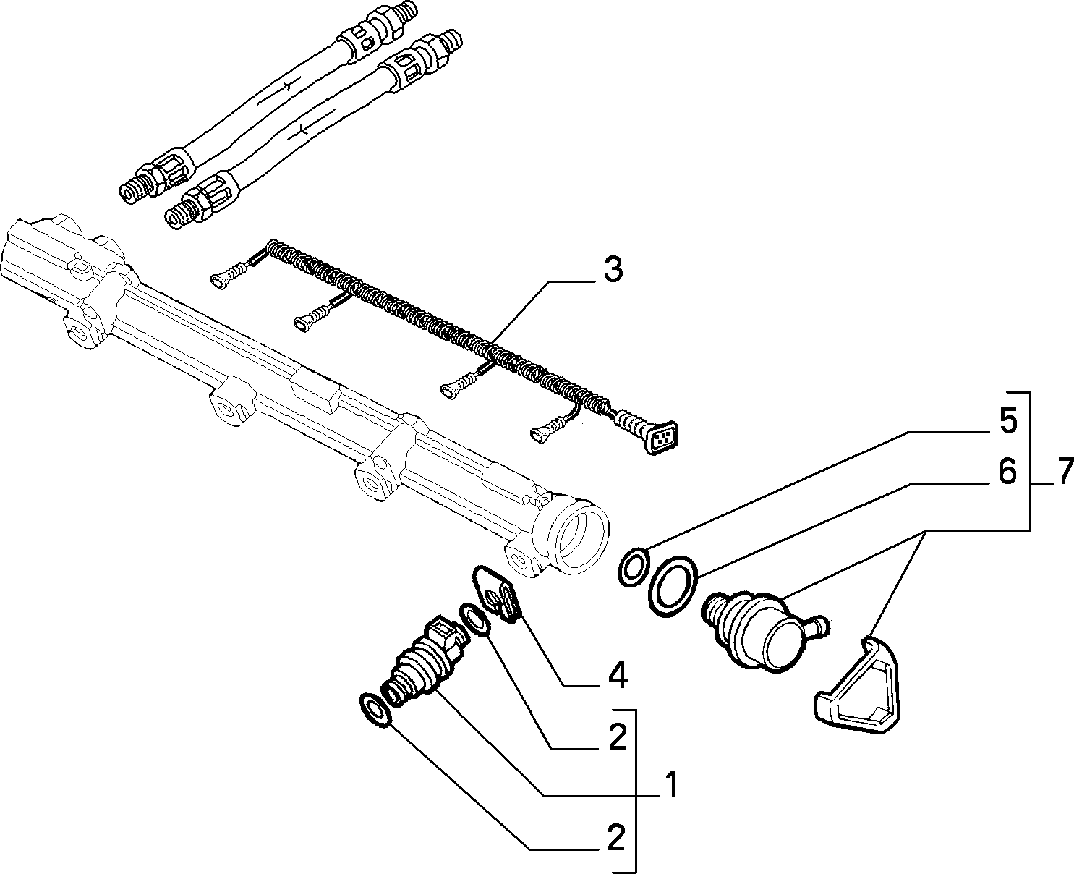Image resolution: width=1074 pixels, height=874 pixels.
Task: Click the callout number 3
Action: click(613, 270)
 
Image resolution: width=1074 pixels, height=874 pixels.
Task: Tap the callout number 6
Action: click(1008, 472)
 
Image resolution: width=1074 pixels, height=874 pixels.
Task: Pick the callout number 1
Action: click(671, 784)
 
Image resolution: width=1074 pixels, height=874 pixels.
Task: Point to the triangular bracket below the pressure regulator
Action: click(858, 686)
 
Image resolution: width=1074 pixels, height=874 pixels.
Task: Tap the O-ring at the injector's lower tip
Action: click(375, 710)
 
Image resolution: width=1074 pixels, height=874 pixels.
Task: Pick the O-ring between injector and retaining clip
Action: click(474, 621)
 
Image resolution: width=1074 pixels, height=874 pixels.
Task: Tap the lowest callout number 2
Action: click(615, 839)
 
